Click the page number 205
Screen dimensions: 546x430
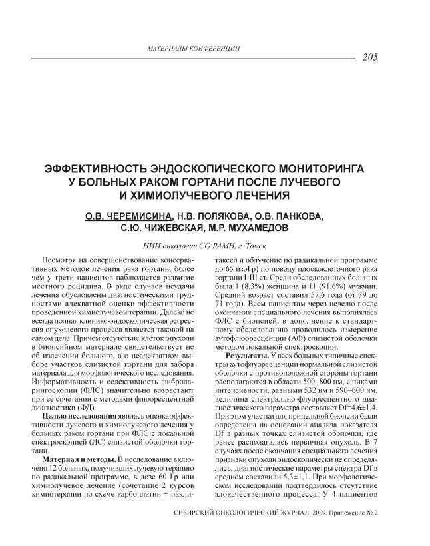371,57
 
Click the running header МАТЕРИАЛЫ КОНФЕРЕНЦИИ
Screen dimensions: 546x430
193,48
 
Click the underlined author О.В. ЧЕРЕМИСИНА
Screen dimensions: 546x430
127,216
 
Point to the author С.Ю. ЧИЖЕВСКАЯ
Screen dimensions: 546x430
157,228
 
